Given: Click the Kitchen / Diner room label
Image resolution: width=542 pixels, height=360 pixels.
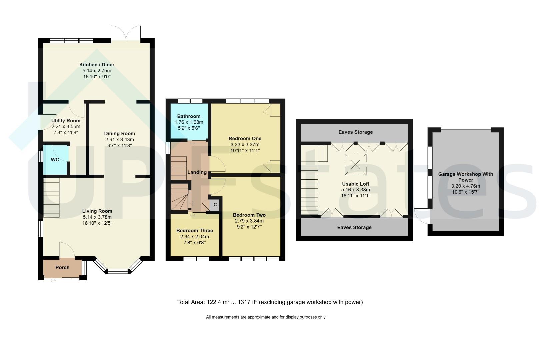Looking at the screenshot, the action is click(x=97, y=65).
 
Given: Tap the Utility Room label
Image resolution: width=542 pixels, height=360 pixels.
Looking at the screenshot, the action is click(x=66, y=120).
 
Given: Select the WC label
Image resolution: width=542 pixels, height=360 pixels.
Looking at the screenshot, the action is click(x=55, y=160).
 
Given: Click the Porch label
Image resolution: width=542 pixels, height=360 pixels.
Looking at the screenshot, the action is click(x=62, y=267).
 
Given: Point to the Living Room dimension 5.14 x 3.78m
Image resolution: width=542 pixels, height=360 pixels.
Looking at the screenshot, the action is click(x=97, y=217).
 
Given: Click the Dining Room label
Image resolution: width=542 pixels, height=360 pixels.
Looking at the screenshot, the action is click(x=120, y=134).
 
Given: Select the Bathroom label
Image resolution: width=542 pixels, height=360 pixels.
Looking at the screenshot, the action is click(x=189, y=116).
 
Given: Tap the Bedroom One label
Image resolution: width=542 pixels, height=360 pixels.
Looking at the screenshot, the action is click(x=245, y=139).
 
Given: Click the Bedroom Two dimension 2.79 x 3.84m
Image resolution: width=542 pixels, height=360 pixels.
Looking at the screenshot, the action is click(x=249, y=221).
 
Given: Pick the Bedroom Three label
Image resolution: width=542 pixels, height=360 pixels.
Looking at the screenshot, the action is click(x=195, y=231).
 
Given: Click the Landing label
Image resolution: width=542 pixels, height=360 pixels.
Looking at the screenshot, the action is click(x=197, y=173).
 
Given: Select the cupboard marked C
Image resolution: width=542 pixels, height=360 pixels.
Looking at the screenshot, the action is click(x=214, y=205).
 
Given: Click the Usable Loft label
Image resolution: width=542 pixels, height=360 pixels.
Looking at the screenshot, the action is click(x=356, y=184).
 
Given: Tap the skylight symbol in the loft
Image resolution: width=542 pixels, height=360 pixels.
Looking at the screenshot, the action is click(x=356, y=164).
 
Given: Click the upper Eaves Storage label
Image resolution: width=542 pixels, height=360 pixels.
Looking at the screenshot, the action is click(x=355, y=132).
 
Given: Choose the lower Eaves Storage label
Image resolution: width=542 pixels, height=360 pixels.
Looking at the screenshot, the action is click(x=354, y=227).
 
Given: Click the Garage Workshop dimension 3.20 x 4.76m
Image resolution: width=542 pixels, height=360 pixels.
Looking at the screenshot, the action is click(x=466, y=186).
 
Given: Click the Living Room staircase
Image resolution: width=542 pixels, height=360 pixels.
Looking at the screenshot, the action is click(x=51, y=198).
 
